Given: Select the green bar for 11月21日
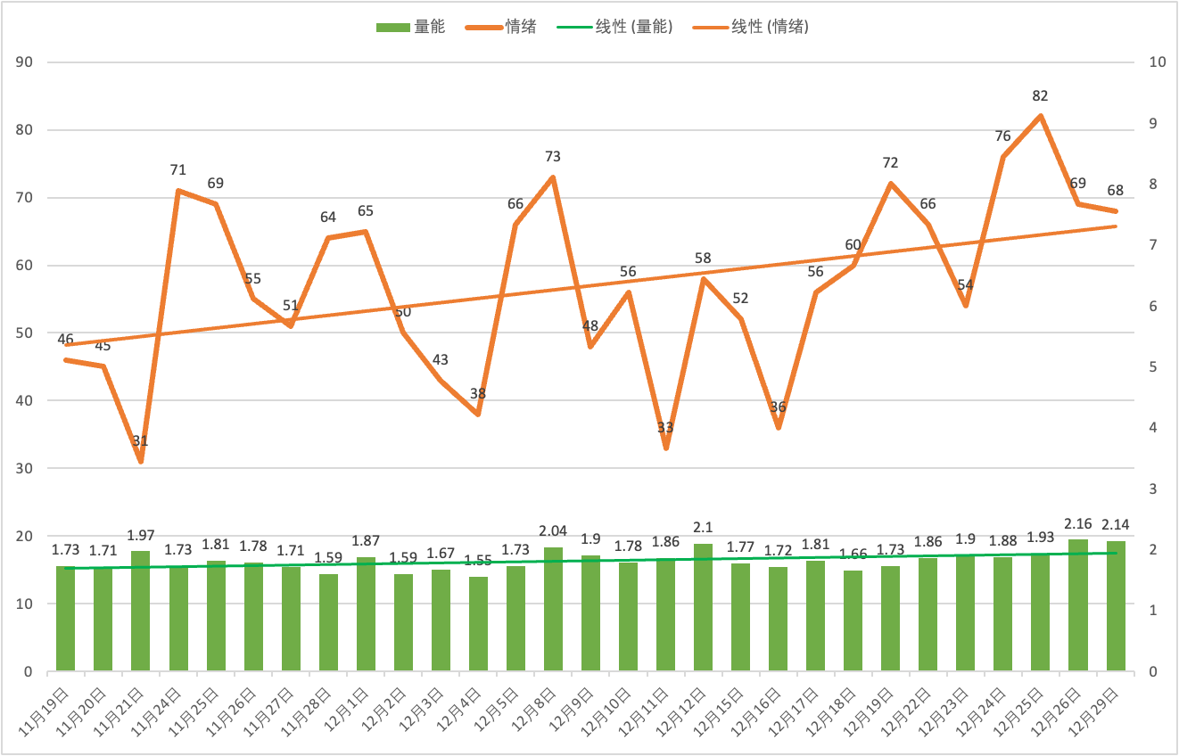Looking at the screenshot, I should pos(141,611).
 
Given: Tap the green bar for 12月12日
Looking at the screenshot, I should pos(704,607).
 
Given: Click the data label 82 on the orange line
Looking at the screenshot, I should pos(1040,96).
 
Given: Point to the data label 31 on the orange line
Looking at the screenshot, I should pos(141,441).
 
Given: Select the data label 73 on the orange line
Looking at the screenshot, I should pos(553,157).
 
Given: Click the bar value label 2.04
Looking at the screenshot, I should pos(553,532).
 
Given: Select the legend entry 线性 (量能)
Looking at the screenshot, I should pos(615,27).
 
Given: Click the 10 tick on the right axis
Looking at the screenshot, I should pos(1158,62).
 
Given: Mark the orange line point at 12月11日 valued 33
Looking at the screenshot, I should pos(666,448).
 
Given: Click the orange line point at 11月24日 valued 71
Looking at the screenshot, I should pos(178,191).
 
